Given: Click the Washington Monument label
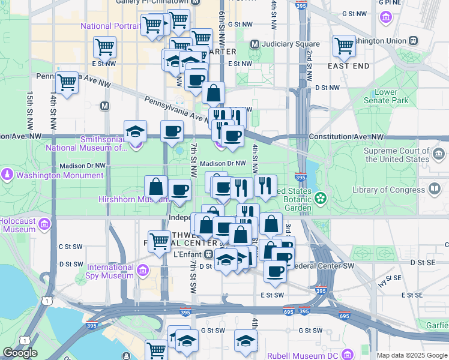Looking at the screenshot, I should click(x=59, y=176).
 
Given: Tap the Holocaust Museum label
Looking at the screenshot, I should click(x=18, y=225).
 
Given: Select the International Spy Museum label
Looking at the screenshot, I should click(x=110, y=271).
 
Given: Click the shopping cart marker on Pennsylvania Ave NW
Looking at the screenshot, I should click(x=67, y=83).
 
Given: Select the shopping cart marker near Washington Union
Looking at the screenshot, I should click(x=345, y=45).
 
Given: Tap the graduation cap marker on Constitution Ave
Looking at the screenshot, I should click(x=135, y=131).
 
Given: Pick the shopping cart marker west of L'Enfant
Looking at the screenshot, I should click(x=159, y=242).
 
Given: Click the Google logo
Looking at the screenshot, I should click(x=20, y=353).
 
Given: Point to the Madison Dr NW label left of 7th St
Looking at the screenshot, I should click(x=82, y=166).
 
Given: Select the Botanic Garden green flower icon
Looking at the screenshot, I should click(x=321, y=197).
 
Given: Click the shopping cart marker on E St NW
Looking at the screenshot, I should click(x=105, y=46).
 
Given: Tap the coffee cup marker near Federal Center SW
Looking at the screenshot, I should click(x=276, y=271).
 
